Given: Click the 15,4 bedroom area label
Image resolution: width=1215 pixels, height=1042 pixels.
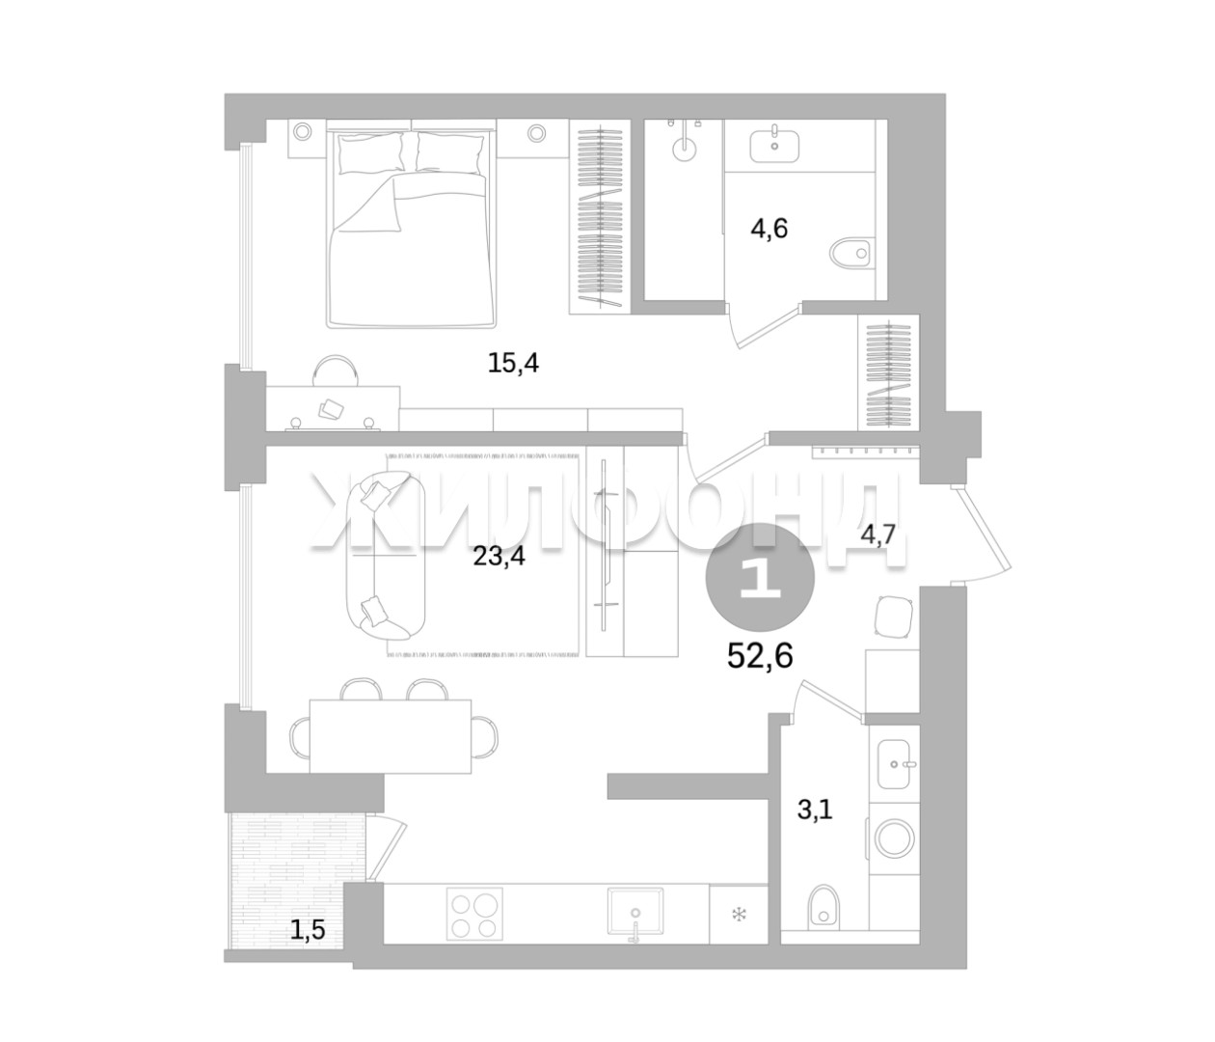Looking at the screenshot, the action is [x=513, y=364].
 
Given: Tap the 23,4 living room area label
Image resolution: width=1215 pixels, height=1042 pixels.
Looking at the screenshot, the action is [x=499, y=556].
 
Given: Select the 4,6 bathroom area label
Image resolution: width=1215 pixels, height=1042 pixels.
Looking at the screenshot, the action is [x=769, y=228].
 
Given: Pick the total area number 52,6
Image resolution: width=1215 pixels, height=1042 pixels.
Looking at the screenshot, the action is [x=761, y=655].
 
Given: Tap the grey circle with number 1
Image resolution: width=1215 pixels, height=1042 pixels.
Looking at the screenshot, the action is [x=760, y=578].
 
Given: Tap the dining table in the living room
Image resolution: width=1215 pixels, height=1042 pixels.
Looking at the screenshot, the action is [x=391, y=735].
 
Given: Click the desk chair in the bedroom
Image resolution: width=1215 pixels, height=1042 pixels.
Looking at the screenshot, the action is [x=335, y=371].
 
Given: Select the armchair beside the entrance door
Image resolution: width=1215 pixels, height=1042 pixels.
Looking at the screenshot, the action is [x=894, y=616].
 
